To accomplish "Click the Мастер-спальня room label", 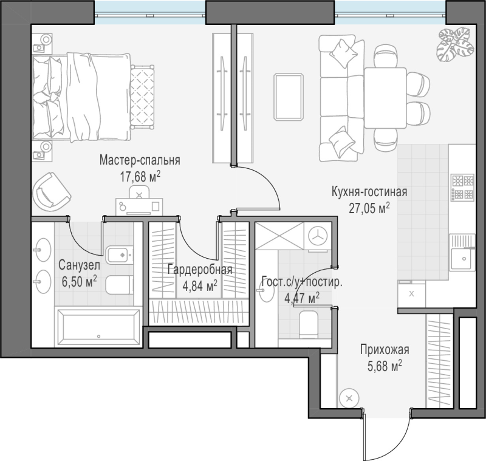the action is click(x=140, y=160).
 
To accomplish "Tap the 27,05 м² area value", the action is click(x=369, y=208).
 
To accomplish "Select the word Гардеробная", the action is click(x=200, y=270).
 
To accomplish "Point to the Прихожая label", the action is click(x=385, y=349).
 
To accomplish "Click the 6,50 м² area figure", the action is click(x=80, y=281).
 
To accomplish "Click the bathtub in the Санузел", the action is click(x=98, y=327).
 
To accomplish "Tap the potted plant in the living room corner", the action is click(x=455, y=44).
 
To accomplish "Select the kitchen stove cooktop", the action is click(x=462, y=186).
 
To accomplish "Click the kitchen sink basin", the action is click(x=462, y=259).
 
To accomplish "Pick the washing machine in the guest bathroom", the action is click(x=318, y=237).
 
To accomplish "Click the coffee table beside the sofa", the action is click(x=288, y=97).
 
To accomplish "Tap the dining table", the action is click(x=385, y=98).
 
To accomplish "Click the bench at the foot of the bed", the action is click(x=143, y=97).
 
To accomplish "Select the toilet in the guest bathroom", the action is click(x=309, y=325).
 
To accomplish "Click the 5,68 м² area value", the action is click(x=385, y=366).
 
